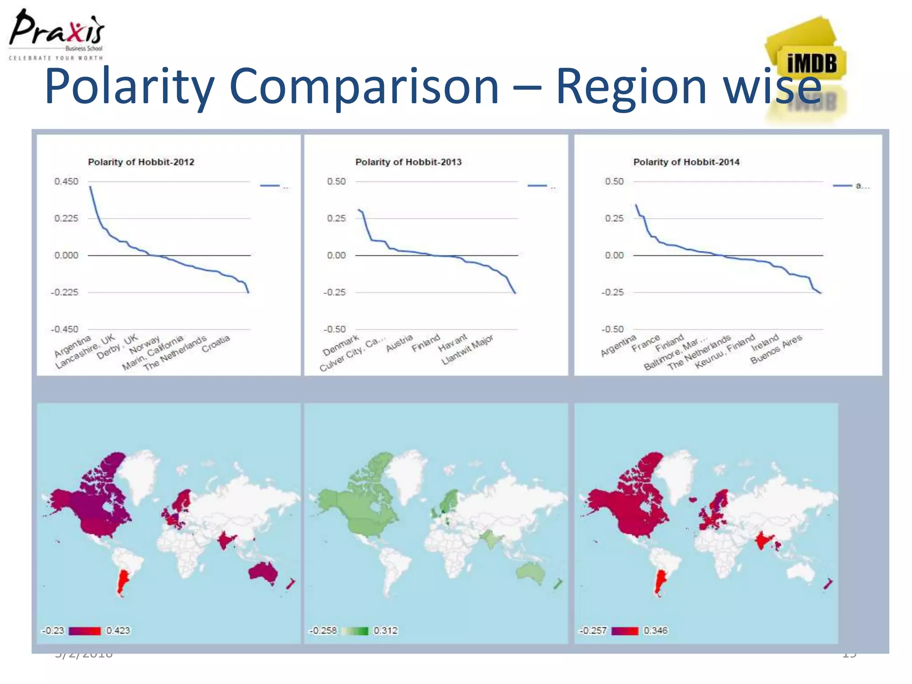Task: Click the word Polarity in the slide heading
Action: click(129, 87)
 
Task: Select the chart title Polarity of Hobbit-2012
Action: click(141, 162)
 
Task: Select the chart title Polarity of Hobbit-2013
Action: click(408, 162)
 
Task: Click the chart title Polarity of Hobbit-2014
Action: click(686, 162)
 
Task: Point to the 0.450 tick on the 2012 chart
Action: click(66, 181)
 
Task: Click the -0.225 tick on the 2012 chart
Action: click(65, 292)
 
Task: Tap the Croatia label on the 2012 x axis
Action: click(216, 344)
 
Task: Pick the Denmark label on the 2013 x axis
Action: click(341, 345)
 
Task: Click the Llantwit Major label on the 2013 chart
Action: click(468, 350)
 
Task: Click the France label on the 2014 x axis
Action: click(646, 343)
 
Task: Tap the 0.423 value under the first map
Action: click(118, 631)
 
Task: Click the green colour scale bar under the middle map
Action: click(355, 631)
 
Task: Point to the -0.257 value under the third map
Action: click(593, 631)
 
